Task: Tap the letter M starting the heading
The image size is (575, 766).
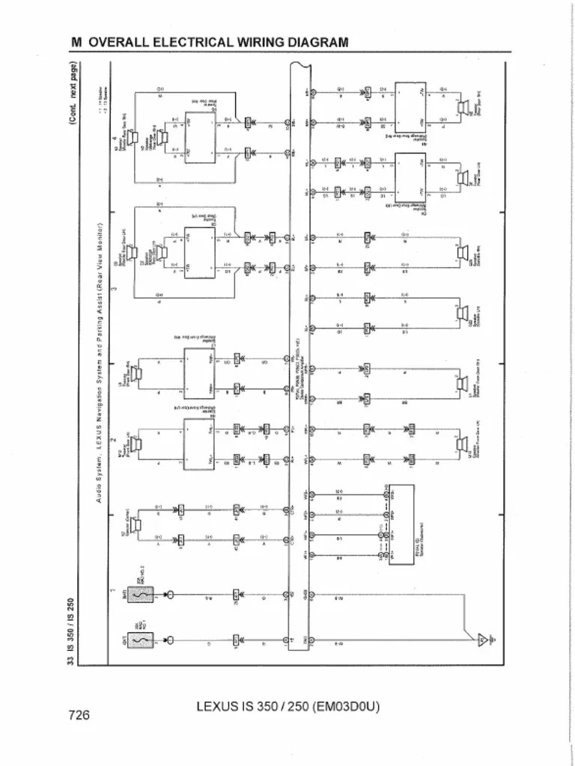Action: click(76, 42)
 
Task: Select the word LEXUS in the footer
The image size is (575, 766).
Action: click(218, 705)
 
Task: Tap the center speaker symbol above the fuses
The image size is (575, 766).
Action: click(137, 528)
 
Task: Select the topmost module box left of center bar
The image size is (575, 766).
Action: click(200, 135)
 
